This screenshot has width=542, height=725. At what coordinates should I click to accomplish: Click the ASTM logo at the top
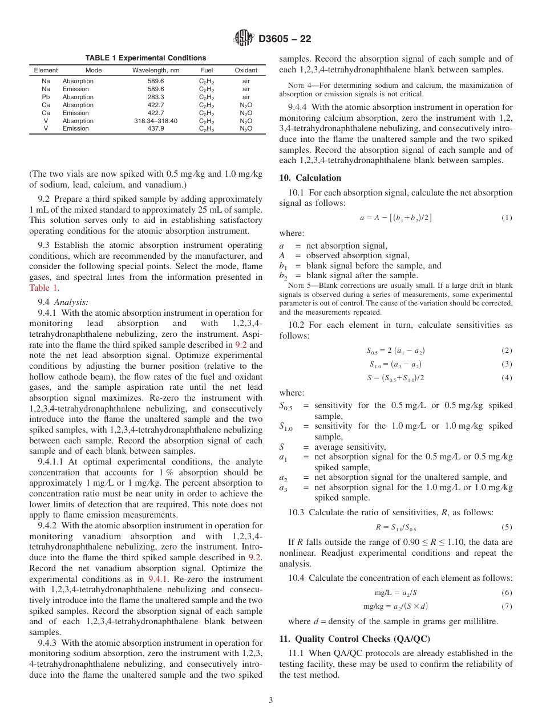(244, 39)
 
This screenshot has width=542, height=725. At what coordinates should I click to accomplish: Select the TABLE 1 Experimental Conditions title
(145, 58)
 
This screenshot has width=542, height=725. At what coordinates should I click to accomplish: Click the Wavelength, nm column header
(155, 71)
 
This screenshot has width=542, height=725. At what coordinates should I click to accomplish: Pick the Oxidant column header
(246, 71)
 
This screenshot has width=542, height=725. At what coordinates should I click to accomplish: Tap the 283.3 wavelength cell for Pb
(155, 97)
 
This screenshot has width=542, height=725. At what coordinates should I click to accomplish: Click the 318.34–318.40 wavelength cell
(155, 121)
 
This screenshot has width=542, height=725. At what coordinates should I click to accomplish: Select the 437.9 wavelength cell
(155, 129)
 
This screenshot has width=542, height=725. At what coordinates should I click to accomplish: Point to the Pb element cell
(46, 97)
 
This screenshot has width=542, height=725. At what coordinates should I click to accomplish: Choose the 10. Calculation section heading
(310, 178)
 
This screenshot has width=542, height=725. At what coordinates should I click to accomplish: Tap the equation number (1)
(507, 218)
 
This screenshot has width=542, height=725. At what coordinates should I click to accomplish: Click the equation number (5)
(507, 527)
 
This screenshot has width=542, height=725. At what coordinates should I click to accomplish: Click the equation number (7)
(507, 606)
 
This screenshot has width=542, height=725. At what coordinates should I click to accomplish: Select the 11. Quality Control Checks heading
(355, 638)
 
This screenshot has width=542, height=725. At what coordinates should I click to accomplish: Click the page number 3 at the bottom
(271, 700)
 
